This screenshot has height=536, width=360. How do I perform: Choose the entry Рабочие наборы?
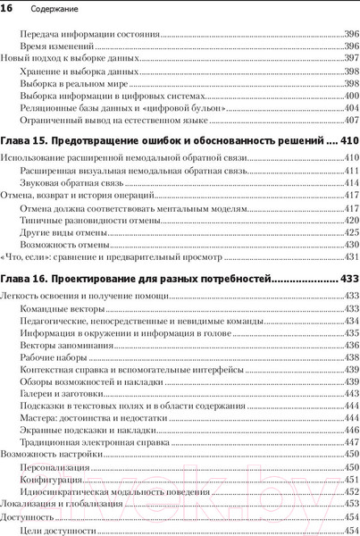point(53,356)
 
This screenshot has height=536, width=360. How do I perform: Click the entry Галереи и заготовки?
point(62,393)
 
